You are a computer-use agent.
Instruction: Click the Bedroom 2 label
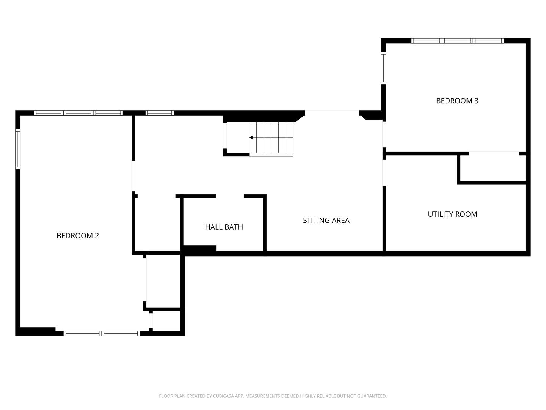78,235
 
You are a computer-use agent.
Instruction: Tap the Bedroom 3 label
457,101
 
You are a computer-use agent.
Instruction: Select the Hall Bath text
224,227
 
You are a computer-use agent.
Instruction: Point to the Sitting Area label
326,220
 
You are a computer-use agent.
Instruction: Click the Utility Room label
452,214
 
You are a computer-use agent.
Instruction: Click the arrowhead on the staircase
251,137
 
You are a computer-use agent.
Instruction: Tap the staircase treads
271,139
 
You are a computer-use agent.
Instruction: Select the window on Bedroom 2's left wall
18,149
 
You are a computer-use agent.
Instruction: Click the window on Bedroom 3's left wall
383,68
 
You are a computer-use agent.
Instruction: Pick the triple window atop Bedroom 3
457,41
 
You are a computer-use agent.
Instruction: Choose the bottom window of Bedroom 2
102,333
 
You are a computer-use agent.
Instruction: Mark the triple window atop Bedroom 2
78,113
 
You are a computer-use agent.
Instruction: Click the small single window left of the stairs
160,113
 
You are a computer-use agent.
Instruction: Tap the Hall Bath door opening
230,196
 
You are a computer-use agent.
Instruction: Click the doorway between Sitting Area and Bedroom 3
384,134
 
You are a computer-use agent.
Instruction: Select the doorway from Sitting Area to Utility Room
384,173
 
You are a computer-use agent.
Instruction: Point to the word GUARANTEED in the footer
372,396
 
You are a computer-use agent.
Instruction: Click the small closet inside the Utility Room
493,168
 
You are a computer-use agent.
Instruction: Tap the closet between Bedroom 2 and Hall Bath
157,224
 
